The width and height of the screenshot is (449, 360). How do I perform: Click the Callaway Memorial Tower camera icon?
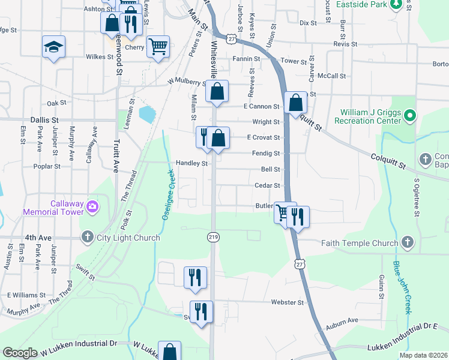(92, 208)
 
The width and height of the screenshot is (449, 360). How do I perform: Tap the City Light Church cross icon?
(88, 238)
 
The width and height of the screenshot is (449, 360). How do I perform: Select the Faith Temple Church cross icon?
(407, 243)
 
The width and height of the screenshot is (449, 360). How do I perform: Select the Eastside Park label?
(361, 5)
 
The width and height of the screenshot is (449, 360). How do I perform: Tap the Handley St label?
(191, 163)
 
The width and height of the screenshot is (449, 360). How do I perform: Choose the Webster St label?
(288, 302)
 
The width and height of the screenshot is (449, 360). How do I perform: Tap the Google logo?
(21, 353)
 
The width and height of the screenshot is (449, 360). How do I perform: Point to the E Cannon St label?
(261, 107)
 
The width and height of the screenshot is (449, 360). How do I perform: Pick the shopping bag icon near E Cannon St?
(296, 103)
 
